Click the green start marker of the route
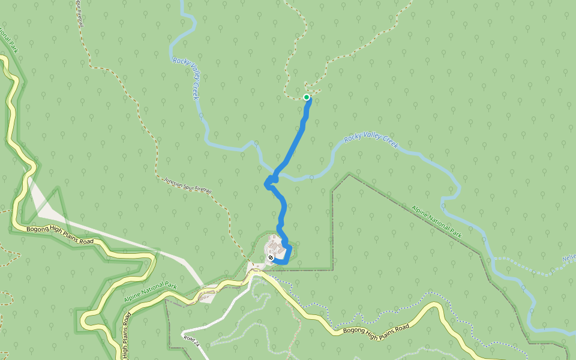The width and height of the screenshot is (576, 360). (x=307, y=97)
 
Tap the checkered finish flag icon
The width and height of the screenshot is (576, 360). (x=271, y=258)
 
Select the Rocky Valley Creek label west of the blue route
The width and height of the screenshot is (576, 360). (x=186, y=78)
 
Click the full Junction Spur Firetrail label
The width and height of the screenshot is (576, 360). (x=188, y=185)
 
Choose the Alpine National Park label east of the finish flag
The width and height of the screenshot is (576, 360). (x=436, y=221)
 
